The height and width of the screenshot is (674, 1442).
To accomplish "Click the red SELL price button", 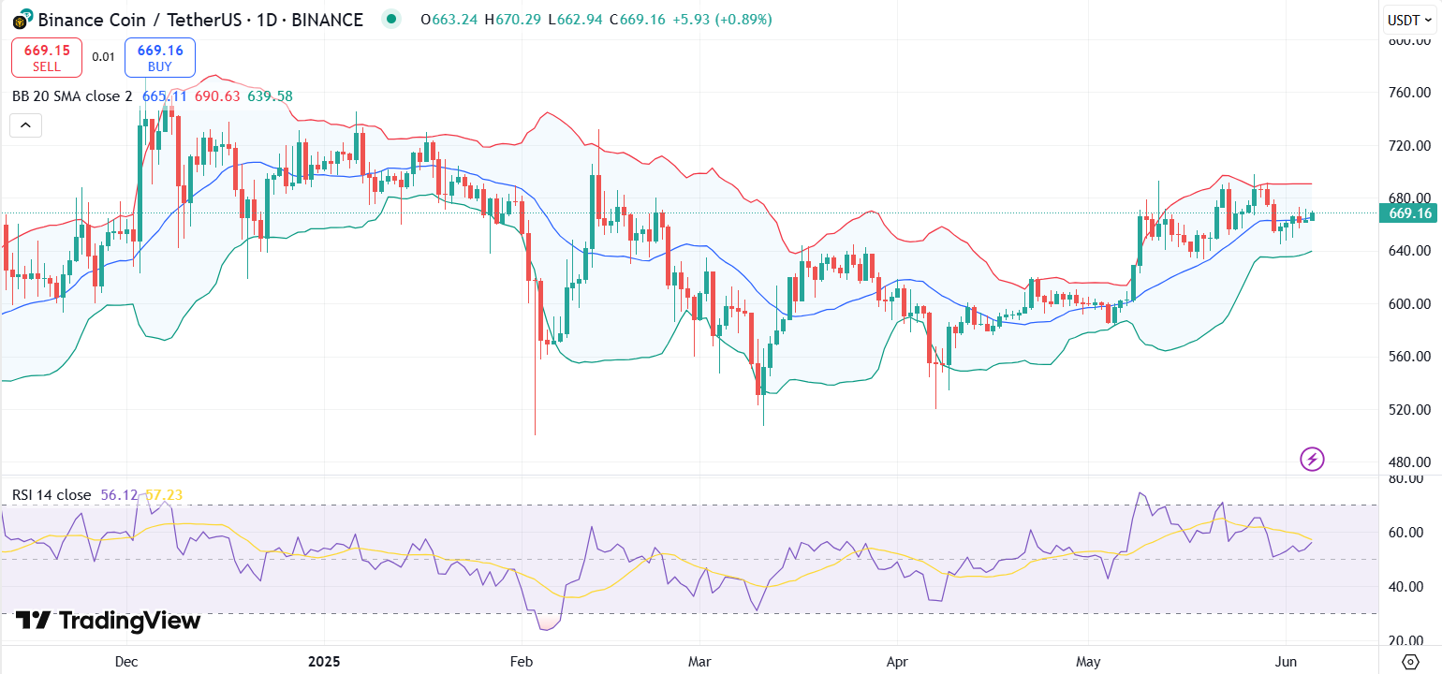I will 47,57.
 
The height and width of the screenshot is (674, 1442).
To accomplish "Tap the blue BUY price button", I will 159,57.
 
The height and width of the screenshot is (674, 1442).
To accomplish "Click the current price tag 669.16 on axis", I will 1410,213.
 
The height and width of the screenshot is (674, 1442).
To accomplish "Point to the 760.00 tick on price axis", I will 1410,93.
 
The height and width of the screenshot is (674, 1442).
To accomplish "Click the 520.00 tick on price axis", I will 1410,409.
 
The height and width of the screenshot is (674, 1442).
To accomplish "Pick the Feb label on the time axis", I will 522,662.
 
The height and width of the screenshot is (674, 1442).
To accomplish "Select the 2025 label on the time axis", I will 324,662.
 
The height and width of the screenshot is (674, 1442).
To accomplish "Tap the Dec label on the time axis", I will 126,662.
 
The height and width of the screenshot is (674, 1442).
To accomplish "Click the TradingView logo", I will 108,621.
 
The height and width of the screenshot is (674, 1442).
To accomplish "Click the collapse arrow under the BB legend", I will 25,125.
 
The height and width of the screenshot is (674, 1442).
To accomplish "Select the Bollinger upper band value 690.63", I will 217,96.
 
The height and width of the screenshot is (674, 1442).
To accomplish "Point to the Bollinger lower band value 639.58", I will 270,96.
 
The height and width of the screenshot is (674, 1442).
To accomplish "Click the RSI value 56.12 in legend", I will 119,494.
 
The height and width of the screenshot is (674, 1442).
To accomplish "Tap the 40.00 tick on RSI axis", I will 1410,587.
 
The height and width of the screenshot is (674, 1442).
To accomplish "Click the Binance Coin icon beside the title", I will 20,19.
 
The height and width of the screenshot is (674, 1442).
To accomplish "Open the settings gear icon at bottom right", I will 1410,662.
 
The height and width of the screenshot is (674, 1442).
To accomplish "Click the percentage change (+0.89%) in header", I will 744,19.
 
